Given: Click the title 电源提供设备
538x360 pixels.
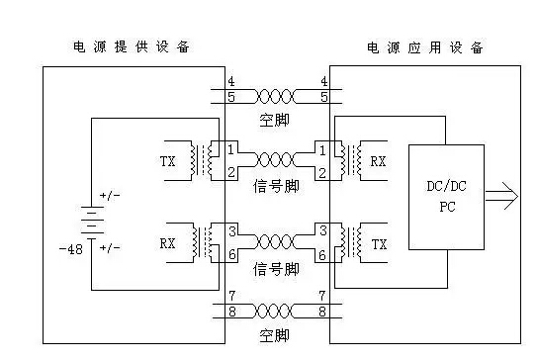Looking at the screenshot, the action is click(132, 46).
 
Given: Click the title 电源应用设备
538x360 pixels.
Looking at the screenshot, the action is click(425, 47).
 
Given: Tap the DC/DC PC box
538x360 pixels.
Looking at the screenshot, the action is click(446, 197).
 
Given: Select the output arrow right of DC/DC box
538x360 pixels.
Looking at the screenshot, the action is click(501, 196).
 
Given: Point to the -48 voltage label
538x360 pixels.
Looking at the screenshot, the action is click(71, 249).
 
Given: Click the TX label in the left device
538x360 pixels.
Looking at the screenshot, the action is click(168, 161).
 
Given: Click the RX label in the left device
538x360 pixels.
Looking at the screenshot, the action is click(167, 243).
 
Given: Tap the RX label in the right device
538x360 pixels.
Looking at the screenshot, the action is click(378, 161).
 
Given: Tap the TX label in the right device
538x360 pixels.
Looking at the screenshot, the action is click(379, 244).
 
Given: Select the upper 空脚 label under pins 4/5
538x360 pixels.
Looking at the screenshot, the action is click(274, 120).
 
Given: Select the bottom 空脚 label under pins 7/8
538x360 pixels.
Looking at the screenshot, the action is click(274, 335).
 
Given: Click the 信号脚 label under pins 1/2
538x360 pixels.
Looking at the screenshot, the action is click(276, 186).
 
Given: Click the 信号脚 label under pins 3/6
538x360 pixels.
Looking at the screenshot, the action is click(276, 269).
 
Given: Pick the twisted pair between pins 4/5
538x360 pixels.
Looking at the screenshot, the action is click(275, 97).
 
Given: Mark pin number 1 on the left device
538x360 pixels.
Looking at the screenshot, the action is click(230, 149).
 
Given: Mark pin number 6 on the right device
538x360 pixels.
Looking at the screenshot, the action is click(321, 255).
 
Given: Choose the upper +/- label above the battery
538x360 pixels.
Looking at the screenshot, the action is click(110, 196).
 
